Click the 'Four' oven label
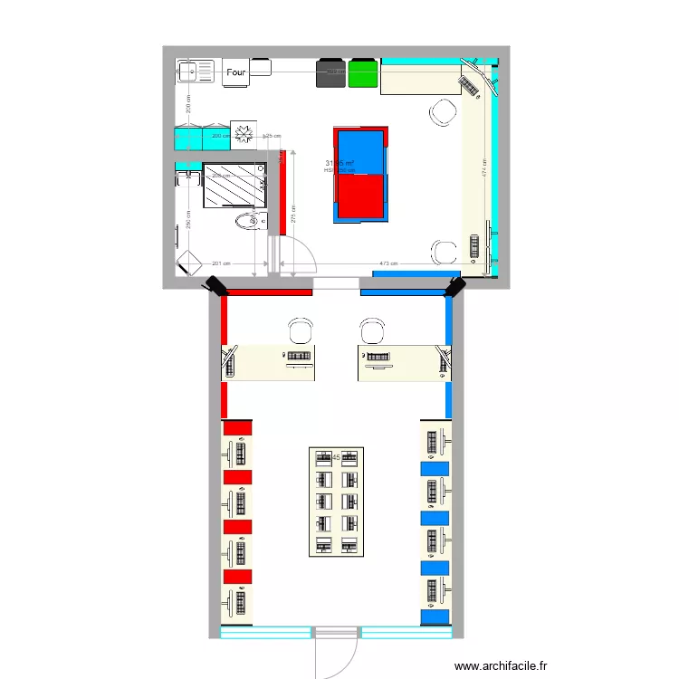tap(236, 72)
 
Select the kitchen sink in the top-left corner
tap(189, 71)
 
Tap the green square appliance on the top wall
tap(363, 73)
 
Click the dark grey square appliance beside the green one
tap(331, 73)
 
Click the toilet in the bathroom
tap(247, 221)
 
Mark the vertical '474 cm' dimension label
tap(484, 172)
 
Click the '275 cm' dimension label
tap(294, 214)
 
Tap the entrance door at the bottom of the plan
tap(338, 654)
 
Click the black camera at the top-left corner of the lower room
tap(217, 287)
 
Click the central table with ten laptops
tap(336, 501)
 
